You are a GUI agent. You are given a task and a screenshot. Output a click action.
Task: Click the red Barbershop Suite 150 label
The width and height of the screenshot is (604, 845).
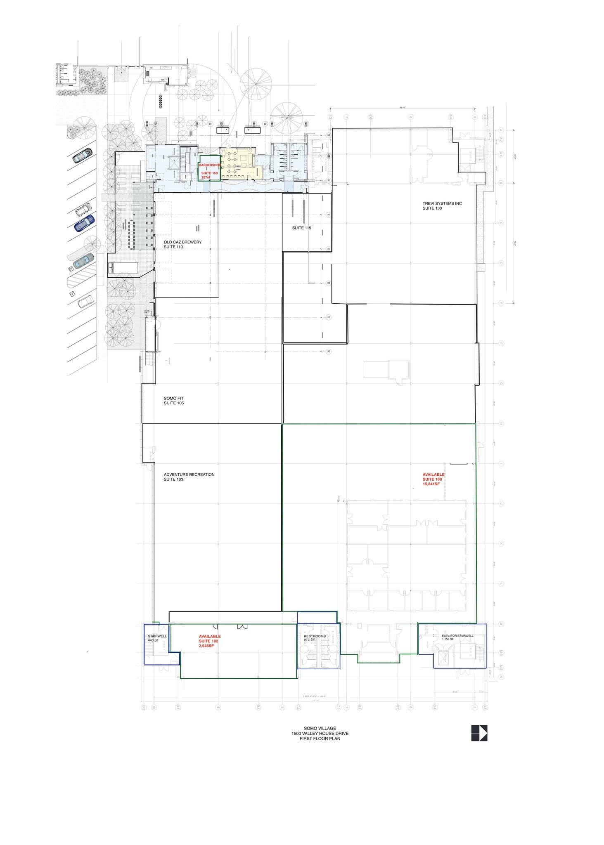[209, 171]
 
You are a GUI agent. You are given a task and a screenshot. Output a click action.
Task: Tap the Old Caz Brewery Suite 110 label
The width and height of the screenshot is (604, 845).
[182, 244]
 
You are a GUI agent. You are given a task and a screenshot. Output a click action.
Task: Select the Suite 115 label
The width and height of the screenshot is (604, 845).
[301, 228]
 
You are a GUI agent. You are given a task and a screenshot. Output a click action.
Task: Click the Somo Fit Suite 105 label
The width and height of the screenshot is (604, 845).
[174, 401]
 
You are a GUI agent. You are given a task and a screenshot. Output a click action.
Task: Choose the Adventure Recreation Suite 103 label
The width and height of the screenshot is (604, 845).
[189, 477]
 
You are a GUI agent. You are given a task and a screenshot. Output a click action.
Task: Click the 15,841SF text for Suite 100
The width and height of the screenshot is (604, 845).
[431, 484]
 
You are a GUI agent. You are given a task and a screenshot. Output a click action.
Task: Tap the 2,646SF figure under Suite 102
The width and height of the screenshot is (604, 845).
[206, 646]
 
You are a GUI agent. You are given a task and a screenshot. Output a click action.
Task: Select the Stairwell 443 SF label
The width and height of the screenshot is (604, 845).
[157, 638]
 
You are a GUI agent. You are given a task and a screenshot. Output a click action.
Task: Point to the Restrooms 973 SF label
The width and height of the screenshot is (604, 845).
[315, 637]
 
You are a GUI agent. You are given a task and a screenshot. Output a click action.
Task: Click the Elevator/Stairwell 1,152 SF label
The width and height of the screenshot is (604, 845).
[457, 637]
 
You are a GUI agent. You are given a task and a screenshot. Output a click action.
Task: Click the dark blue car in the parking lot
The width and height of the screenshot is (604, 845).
[85, 223]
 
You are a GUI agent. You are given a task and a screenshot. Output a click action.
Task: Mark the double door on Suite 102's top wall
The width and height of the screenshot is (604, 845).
[242, 627]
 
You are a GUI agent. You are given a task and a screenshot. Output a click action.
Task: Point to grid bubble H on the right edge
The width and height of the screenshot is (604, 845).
[501, 424]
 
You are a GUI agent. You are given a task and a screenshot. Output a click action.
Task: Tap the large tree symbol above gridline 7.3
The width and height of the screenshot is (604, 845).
[287, 117]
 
